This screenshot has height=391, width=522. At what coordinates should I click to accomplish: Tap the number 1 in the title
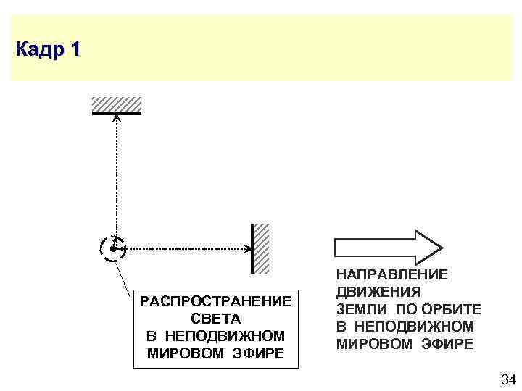75,50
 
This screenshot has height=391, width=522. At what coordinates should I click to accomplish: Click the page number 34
507,379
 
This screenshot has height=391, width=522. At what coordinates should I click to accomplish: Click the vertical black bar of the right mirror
252,248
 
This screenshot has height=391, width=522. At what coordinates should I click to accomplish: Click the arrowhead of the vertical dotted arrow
117,119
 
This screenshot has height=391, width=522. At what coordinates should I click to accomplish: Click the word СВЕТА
215,319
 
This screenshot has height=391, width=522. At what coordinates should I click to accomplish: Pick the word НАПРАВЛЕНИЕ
392,276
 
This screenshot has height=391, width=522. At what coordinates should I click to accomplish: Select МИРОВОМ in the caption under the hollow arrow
376,345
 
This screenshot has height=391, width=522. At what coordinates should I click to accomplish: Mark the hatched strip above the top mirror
116,104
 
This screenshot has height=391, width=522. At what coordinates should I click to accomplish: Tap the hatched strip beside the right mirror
262,248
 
